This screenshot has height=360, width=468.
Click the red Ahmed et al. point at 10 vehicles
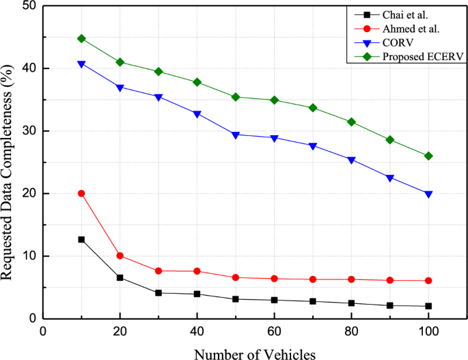[81, 193]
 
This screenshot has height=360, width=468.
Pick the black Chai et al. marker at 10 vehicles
[81, 240]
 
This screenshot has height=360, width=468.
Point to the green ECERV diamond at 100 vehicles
[428, 156]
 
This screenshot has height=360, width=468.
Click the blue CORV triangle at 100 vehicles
[428, 194]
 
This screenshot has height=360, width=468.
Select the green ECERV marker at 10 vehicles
[81, 38]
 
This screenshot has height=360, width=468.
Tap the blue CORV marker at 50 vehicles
[236, 135]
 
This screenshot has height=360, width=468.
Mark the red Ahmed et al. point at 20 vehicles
[120, 255]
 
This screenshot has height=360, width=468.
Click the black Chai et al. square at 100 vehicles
[428, 306]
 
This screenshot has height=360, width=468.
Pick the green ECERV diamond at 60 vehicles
[275, 100]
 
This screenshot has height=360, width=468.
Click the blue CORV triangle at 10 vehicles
[81, 64]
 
